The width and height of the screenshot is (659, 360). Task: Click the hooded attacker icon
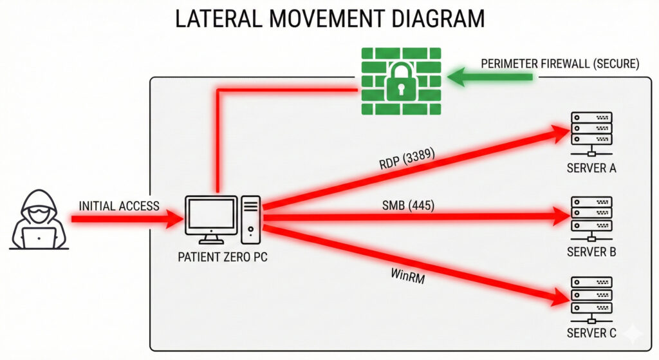39,219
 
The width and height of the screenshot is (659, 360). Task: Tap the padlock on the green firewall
400,80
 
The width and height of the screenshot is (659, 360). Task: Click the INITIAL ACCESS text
119,205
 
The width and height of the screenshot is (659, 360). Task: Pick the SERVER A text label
591,169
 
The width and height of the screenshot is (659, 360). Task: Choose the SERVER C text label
591,333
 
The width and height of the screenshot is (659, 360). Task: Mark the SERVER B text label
591,252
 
